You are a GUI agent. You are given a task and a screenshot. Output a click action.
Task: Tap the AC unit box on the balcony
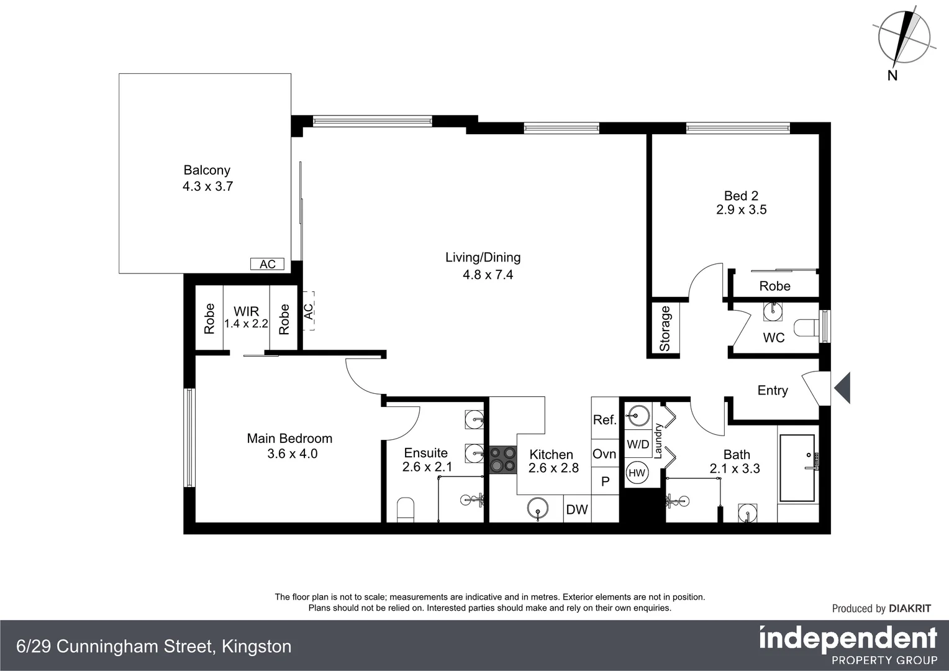click(267, 264)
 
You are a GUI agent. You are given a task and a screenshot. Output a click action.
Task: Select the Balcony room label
click(207, 170)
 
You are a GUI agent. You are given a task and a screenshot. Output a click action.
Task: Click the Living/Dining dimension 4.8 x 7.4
click(488, 275)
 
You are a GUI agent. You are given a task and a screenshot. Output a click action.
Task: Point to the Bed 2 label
click(741, 196)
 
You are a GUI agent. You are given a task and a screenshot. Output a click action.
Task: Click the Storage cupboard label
click(665, 329)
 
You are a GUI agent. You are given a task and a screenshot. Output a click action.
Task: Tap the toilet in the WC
click(807, 327)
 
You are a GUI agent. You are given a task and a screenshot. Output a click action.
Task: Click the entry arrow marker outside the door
click(842, 388)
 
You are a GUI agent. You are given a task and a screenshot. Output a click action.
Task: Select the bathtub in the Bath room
click(797, 468)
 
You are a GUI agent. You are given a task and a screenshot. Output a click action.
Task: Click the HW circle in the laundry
click(637, 473)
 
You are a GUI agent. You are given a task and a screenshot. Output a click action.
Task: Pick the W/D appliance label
click(638, 444)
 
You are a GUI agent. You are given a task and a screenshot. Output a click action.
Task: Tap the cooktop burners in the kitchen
click(502, 459)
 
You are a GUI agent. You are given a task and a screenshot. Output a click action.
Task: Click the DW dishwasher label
click(577, 509)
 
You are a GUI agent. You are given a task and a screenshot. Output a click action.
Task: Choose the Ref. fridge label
click(605, 420)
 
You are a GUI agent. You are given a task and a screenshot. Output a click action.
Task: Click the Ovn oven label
click(604, 454)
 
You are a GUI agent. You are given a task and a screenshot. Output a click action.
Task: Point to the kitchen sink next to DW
click(538, 509)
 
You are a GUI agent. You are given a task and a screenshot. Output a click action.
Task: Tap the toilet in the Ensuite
click(405, 509)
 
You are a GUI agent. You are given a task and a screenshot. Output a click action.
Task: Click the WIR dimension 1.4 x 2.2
click(246, 324)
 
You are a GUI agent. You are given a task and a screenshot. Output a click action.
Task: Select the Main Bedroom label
click(289, 439)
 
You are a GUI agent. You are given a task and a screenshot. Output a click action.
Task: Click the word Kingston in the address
click(257, 647)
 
